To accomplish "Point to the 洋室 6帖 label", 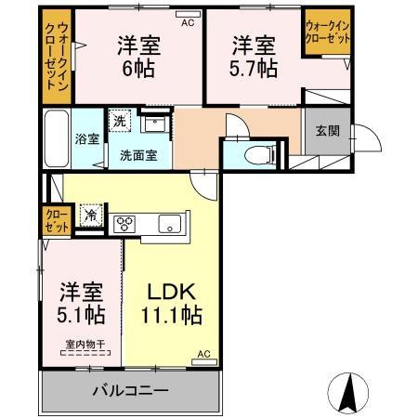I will pos(136,56).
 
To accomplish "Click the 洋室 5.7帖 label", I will pos(254,56).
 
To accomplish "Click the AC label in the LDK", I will pos(202,354).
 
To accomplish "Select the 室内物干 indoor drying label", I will pos(82,346).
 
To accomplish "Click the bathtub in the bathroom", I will pos(55,140).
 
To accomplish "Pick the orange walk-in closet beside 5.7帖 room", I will pos(326,37).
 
